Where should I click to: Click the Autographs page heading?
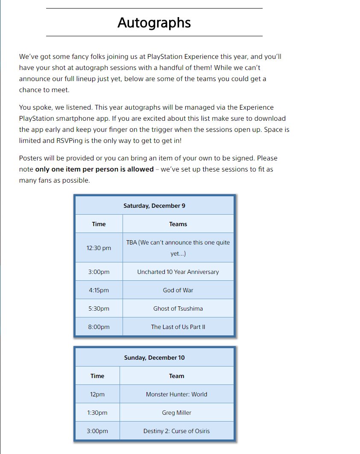pos(154,23)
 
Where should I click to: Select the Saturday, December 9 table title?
pos(154,206)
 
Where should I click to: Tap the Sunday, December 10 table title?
pos(154,358)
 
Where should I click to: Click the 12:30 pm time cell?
pos(99,248)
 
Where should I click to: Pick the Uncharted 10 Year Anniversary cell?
pos(178,272)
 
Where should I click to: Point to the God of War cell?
pos(178,290)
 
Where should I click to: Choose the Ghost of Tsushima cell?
pos(178,308)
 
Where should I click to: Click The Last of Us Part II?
pos(178,327)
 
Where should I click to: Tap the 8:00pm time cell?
pos(99,327)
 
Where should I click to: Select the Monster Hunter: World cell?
pos(176,394)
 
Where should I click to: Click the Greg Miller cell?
pos(176,413)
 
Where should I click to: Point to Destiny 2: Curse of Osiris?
pos(176,431)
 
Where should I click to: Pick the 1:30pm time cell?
pos(97,413)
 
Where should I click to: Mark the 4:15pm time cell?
pos(99,290)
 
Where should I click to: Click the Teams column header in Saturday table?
pos(178,224)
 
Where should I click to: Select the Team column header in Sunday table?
pos(176,376)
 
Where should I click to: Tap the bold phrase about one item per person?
pos(94,169)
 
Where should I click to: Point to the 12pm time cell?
pos(97,394)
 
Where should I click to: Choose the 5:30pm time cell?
pos(99,308)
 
